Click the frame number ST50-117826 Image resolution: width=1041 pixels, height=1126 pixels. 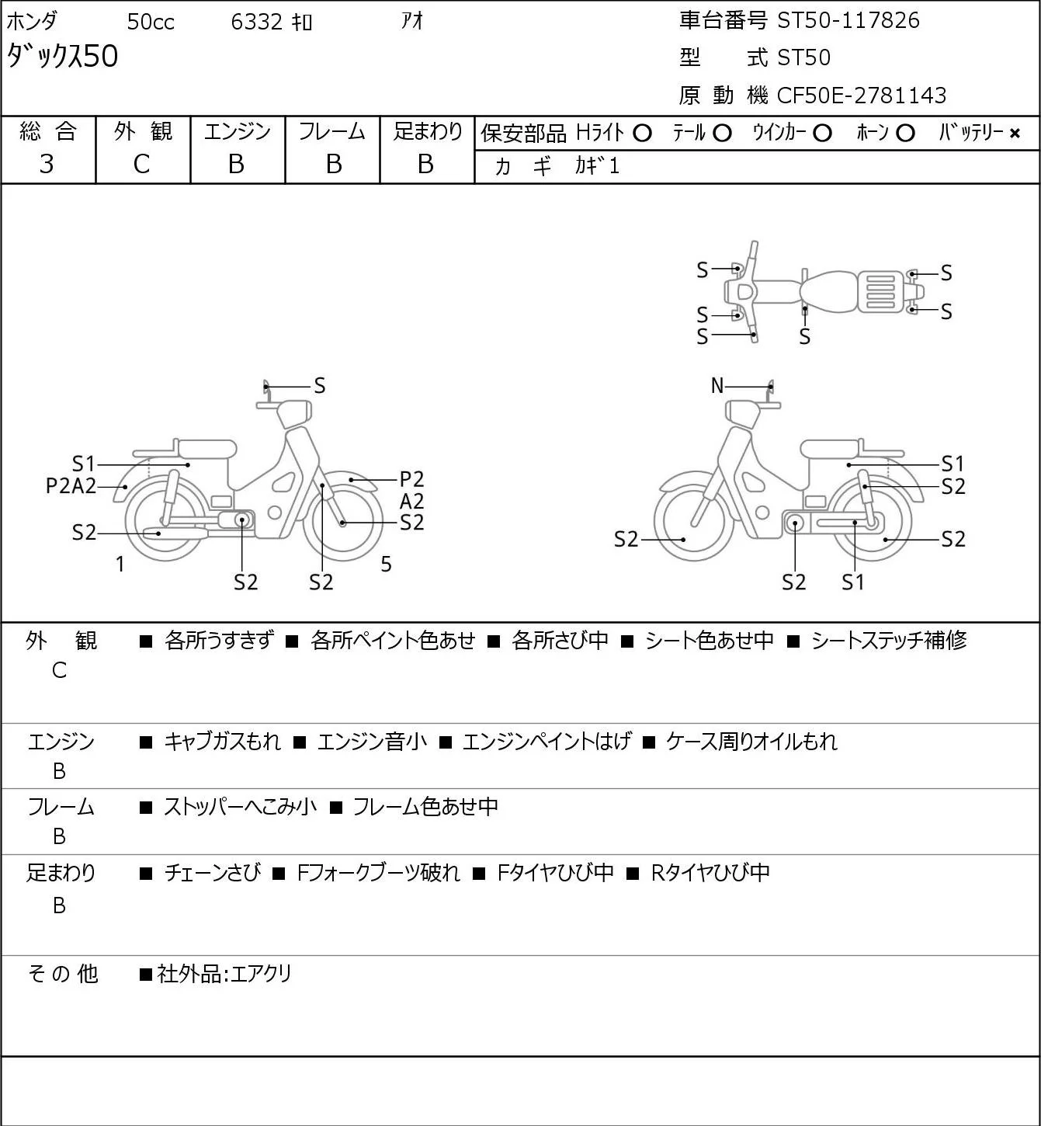(x=848, y=20)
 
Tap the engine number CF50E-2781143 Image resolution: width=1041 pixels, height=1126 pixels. (x=861, y=96)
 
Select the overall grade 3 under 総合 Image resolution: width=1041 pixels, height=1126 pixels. (x=47, y=165)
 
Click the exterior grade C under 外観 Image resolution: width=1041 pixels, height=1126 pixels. (x=142, y=165)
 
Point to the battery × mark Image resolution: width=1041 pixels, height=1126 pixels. (x=1015, y=134)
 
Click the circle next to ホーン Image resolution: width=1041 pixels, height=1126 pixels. (x=905, y=134)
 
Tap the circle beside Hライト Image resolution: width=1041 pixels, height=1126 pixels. (x=642, y=134)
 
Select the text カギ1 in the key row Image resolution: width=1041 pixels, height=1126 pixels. (x=597, y=165)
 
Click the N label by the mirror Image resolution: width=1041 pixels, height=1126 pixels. (x=717, y=385)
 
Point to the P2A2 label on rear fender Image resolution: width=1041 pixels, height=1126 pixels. (x=71, y=486)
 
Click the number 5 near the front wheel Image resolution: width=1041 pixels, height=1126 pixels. (x=386, y=564)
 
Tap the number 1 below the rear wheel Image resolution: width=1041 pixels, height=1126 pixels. (x=120, y=564)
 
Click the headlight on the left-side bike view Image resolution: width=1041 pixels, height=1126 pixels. (x=293, y=414)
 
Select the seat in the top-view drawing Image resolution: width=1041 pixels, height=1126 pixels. (x=828, y=292)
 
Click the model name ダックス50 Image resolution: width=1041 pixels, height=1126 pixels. (x=62, y=56)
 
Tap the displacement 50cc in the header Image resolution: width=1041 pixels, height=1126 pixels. (x=151, y=22)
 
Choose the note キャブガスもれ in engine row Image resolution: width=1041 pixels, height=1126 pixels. (x=222, y=742)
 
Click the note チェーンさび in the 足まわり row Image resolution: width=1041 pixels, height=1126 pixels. (x=213, y=872)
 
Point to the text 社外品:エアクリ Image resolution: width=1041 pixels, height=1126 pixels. (x=224, y=974)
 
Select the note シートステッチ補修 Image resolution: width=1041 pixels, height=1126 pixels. (x=889, y=640)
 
